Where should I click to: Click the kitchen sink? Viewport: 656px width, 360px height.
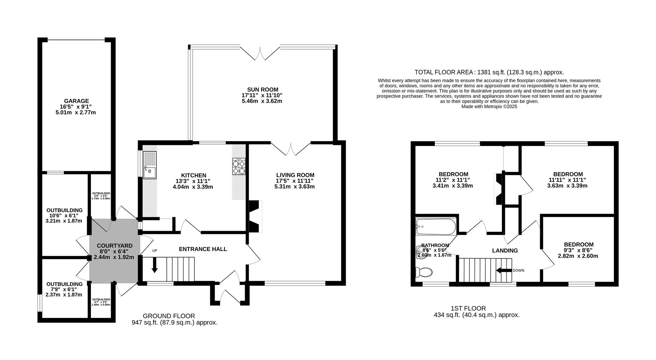(x=150, y=165)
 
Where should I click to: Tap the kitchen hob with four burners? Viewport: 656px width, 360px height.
(x=239, y=167)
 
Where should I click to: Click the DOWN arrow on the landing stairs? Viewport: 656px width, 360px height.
(x=503, y=271)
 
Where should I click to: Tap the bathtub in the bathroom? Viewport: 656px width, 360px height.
(x=436, y=226)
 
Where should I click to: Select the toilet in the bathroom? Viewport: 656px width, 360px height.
(x=424, y=272)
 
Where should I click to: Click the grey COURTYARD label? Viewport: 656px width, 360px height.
(x=114, y=246)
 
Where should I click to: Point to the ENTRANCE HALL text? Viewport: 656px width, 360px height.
(x=203, y=249)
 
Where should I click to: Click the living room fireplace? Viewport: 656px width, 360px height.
(x=255, y=216)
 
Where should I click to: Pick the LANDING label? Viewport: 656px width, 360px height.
(x=505, y=250)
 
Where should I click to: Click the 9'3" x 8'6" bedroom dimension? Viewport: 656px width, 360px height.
(x=578, y=250)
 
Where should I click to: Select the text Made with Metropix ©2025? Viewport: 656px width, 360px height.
(x=489, y=107)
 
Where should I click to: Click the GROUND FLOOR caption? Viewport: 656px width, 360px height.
(x=169, y=316)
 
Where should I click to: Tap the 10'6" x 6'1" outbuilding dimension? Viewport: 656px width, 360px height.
(x=64, y=216)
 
